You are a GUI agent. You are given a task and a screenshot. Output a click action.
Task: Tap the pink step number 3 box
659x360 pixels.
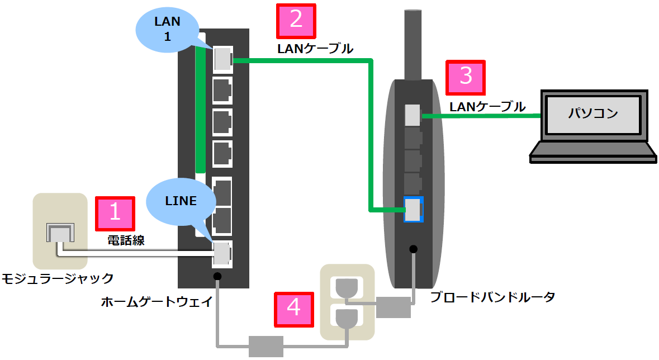point(465,77)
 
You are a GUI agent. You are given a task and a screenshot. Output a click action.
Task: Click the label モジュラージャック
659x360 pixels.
point(58,278)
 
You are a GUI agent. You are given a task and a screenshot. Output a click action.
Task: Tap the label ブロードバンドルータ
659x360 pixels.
point(492,297)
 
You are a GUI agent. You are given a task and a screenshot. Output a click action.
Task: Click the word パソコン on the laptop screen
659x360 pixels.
point(593,113)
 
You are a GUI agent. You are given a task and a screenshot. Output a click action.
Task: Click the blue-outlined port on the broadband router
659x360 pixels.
point(413,209)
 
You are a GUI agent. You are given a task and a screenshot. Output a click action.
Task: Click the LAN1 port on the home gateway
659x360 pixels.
point(222,58)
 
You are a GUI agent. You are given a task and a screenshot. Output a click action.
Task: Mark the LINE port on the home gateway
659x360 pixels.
point(222,253)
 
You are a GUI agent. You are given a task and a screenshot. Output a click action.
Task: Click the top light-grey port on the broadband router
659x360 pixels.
point(413,115)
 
